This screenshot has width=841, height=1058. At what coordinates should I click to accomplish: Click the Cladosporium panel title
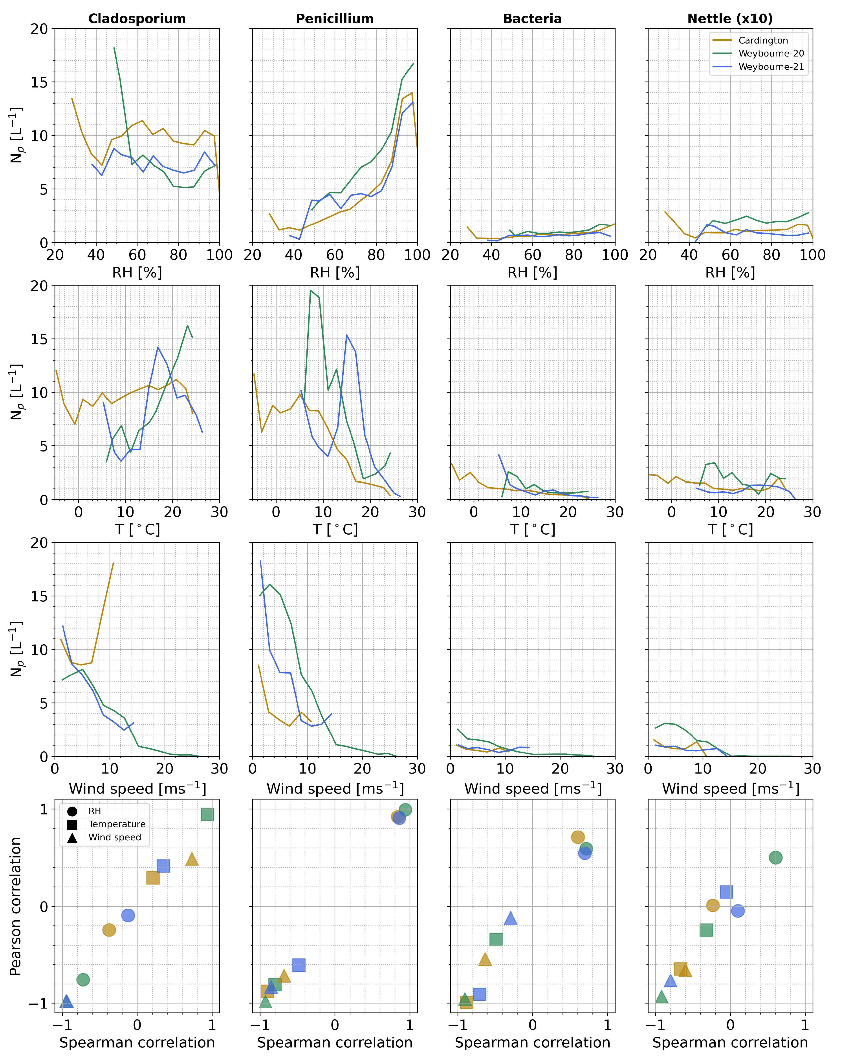click(x=137, y=19)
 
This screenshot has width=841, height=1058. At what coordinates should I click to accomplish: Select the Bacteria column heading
click(x=532, y=19)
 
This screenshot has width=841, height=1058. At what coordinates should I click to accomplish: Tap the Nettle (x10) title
click(x=730, y=19)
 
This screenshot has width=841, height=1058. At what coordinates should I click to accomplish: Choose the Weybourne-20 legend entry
click(x=771, y=53)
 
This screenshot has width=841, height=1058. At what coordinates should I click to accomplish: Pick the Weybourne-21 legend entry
click(x=771, y=67)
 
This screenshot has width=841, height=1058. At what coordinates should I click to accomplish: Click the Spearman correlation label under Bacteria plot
click(x=532, y=1042)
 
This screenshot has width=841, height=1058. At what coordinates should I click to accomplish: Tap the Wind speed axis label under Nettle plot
click(x=730, y=788)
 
